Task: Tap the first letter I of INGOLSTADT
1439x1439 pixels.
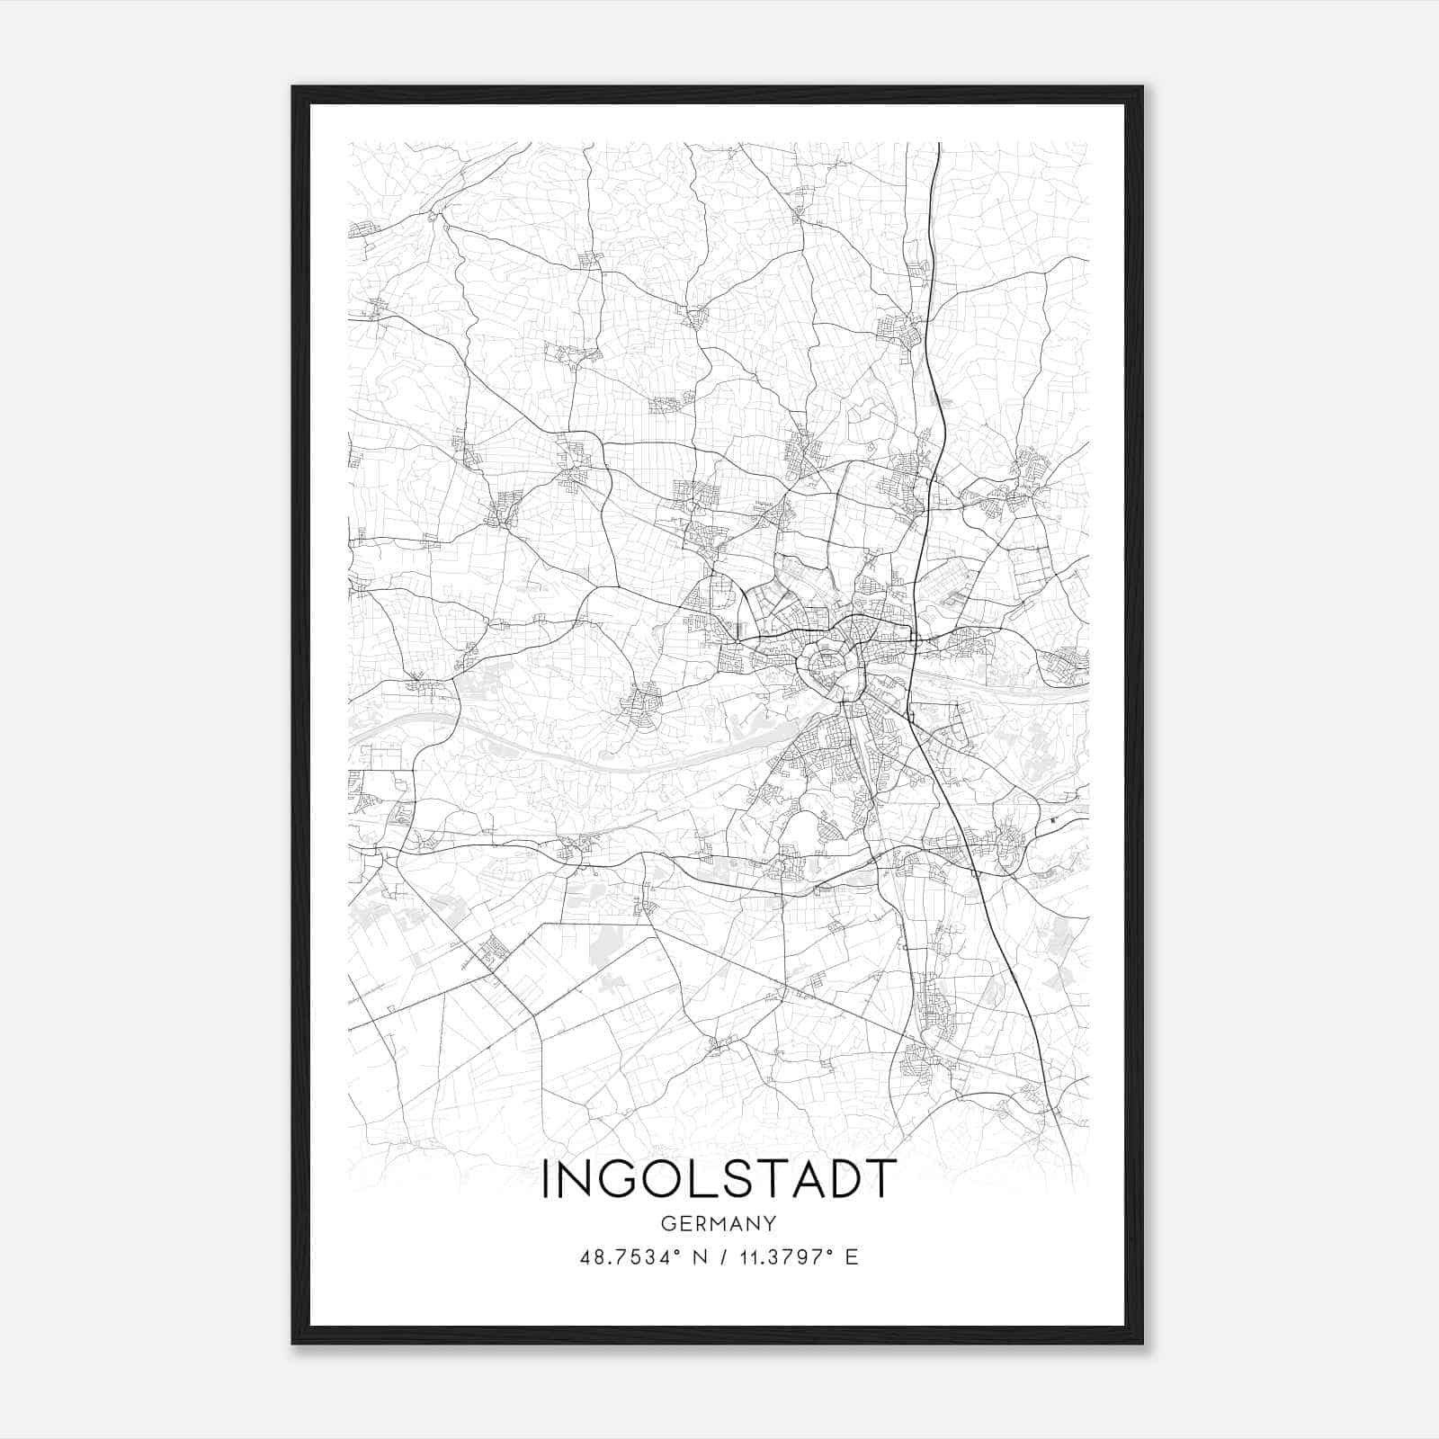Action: (x=546, y=1179)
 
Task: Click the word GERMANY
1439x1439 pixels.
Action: (x=719, y=1223)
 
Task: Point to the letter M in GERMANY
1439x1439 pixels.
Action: (x=719, y=1223)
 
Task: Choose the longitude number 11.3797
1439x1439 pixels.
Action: (x=768, y=1256)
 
